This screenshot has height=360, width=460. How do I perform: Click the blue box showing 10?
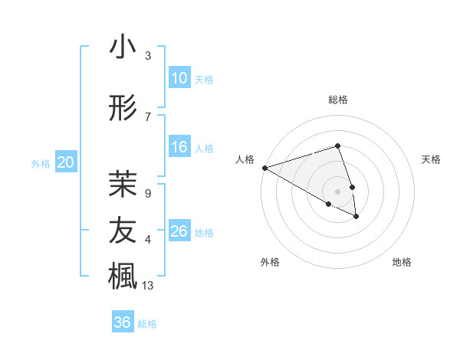click(179, 78)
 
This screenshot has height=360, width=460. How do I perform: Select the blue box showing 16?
click(179, 147)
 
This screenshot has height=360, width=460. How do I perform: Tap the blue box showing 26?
click(179, 231)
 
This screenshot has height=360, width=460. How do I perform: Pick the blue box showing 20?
click(66, 162)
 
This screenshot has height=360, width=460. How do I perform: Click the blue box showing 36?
click(123, 322)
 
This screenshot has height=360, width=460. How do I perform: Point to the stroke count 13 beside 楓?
click(148, 286)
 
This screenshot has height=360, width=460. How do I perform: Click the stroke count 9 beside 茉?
click(147, 194)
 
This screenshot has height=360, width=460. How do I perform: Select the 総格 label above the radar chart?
click(338, 100)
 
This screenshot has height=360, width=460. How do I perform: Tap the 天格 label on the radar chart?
click(432, 159)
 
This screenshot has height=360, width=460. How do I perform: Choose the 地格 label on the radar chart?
click(402, 262)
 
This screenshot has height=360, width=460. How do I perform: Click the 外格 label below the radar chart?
click(270, 262)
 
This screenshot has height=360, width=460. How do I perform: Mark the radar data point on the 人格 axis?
click(264, 167)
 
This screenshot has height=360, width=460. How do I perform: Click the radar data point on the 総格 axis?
click(338, 146)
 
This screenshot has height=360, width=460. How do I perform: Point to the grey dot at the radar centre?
click(338, 191)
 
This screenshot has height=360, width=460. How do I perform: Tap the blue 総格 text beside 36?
click(147, 324)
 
